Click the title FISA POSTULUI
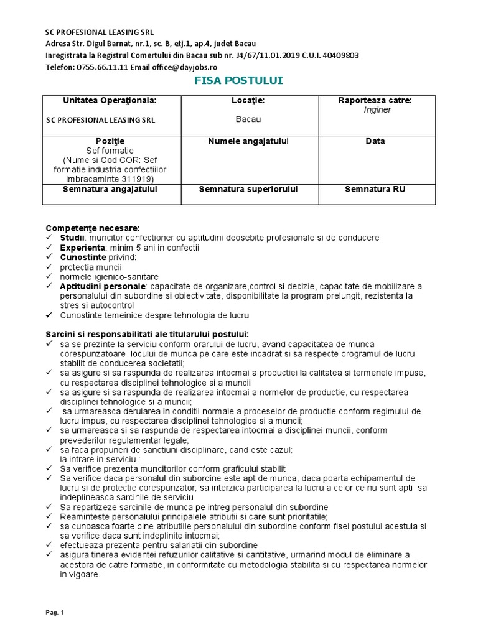[239, 81]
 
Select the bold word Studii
[72, 238]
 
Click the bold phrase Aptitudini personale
[102, 286]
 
